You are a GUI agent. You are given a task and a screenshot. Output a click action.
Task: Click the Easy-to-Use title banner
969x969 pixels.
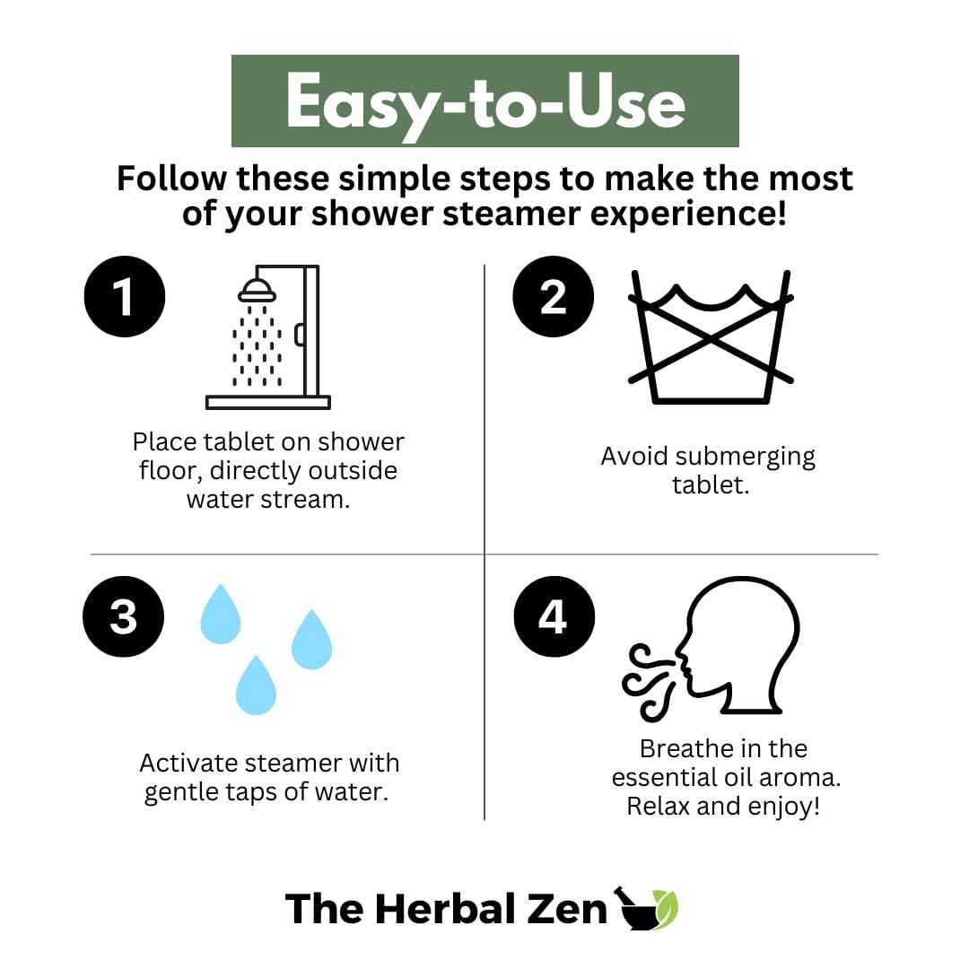click(485, 100)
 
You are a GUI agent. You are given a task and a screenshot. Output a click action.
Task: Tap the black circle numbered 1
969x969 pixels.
click(125, 297)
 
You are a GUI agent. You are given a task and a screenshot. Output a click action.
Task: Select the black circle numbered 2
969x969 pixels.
click(553, 297)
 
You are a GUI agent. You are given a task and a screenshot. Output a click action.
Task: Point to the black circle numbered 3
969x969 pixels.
click(124, 616)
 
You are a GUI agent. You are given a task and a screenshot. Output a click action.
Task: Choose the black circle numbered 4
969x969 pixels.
click(554, 616)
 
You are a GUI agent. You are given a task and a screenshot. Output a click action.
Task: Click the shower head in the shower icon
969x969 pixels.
click(258, 291)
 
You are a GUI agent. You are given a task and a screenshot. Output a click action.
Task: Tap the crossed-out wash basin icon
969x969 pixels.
click(711, 336)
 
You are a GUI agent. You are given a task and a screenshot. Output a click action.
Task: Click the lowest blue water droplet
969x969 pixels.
click(256, 685)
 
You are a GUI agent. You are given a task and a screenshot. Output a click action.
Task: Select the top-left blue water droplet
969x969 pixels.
click(221, 614)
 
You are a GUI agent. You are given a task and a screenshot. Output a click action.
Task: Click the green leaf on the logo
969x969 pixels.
click(666, 909)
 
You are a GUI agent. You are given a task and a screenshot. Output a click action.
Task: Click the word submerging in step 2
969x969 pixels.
click(746, 458)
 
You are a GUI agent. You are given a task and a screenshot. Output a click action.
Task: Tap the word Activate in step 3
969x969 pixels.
click(188, 764)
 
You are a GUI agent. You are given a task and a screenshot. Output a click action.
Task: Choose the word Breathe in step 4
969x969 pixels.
click(687, 748)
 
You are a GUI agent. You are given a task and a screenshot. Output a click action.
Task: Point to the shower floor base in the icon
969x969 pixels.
click(268, 402)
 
